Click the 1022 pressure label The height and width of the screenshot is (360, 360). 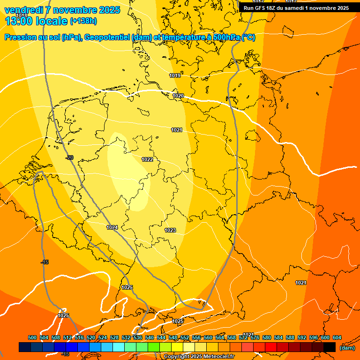point(147,159)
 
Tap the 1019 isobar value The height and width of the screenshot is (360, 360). point(175,75)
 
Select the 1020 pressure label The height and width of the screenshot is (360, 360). point(178,96)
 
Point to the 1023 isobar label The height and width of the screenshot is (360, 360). point(170,230)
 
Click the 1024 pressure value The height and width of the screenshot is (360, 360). point(112,227)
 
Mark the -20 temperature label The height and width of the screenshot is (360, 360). point(69,157)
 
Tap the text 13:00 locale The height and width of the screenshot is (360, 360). point(35,21)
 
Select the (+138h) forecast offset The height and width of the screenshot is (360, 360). point(83,21)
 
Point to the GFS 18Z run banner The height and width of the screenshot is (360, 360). point(296,7)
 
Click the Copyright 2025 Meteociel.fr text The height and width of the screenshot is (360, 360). point(199,357)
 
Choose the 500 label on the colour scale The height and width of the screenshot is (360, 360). point(32,337)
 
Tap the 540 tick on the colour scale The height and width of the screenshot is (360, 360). point(150,337)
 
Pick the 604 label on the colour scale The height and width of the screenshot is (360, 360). point(337,337)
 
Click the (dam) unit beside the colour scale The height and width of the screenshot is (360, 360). point(347,347)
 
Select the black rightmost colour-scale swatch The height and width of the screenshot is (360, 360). point(330,347)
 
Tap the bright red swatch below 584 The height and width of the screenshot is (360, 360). point(271,347)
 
